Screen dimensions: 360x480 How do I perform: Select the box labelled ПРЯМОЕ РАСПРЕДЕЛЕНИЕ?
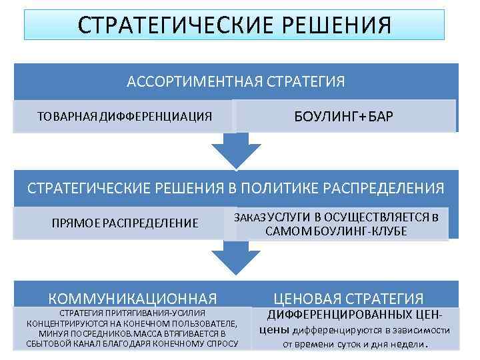(x=125, y=223)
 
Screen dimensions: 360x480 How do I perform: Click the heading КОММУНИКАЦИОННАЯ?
(x=133, y=298)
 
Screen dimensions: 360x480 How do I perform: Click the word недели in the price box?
(x=406, y=344)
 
